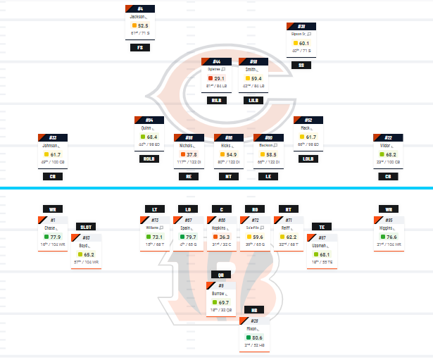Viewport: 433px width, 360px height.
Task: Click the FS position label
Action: point(140,48)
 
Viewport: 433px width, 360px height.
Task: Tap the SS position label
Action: point(302,65)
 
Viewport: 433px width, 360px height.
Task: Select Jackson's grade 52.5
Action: point(143,25)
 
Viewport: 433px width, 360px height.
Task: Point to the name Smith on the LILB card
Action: point(251,70)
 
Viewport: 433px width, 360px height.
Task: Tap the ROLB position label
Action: point(148,159)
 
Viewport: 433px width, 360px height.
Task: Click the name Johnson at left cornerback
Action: point(49,146)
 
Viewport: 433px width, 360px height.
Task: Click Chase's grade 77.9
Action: point(57,237)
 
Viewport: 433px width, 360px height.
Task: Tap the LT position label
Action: point(154,209)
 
